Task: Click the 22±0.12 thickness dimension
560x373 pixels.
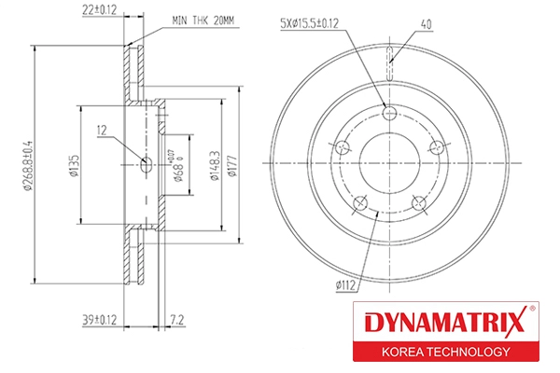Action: (x=100, y=11)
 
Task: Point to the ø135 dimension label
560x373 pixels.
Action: (x=71, y=165)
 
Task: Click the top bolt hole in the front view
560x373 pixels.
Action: (x=391, y=113)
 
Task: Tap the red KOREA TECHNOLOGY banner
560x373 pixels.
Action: (x=444, y=352)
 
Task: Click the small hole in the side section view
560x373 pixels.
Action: (x=145, y=165)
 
